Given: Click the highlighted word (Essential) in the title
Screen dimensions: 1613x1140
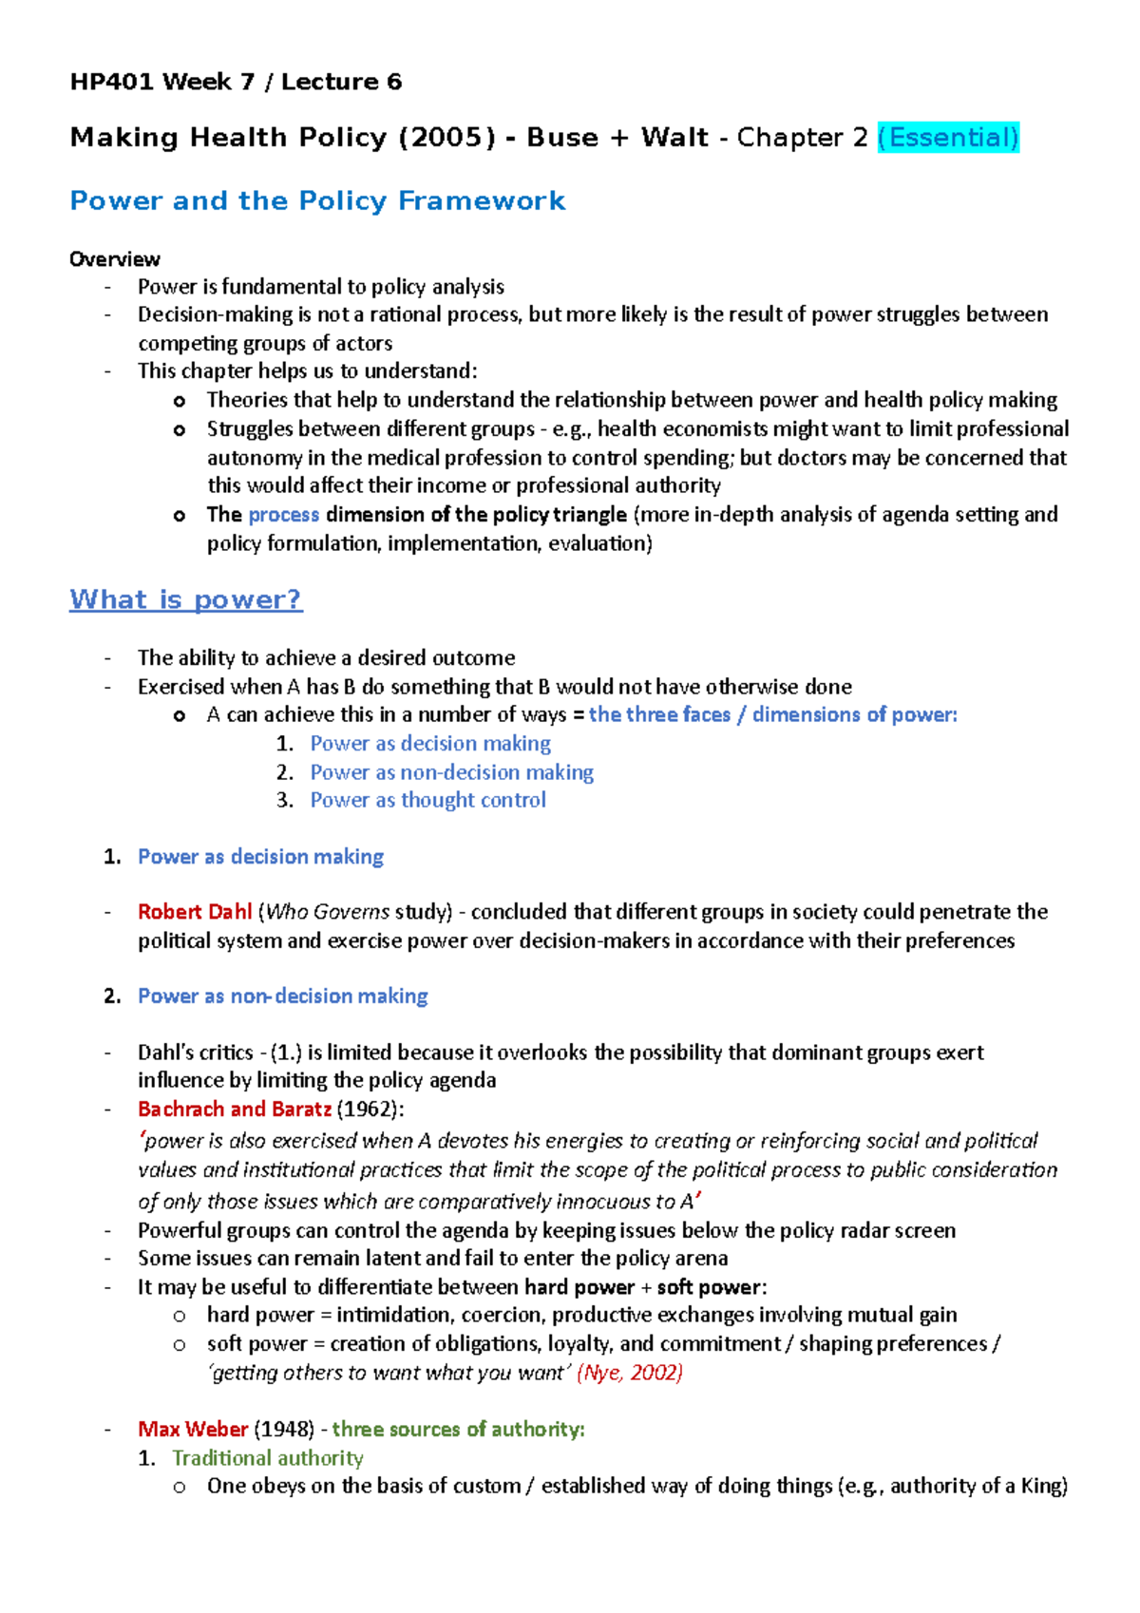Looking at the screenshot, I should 947,138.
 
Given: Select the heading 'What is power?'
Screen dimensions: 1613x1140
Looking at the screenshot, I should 186,599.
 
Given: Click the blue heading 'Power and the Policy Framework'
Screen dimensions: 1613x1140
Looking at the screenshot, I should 317,200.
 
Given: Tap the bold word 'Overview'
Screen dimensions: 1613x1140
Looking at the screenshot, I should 115,259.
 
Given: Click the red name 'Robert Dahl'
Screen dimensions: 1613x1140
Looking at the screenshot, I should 195,912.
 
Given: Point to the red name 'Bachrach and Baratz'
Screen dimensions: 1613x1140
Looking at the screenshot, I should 235,1109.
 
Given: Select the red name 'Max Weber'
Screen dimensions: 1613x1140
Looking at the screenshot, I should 193,1429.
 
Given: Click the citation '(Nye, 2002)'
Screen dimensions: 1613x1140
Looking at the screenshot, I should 630,1373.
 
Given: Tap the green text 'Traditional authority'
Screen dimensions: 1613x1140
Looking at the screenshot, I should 268,1458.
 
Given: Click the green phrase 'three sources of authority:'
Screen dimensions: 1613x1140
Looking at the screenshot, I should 458,1429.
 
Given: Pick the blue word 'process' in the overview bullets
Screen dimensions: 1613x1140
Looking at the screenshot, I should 283,515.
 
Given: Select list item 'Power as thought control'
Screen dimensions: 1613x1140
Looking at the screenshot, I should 427,800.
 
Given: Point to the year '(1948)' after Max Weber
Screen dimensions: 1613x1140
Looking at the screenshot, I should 285,1429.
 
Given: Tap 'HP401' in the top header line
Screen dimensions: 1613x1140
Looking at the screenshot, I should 110,82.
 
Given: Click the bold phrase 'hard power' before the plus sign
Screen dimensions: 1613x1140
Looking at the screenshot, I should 579,1287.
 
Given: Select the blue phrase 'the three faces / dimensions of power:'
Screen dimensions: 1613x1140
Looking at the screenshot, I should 772,714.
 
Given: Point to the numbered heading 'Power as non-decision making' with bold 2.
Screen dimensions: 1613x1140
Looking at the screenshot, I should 283,996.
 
